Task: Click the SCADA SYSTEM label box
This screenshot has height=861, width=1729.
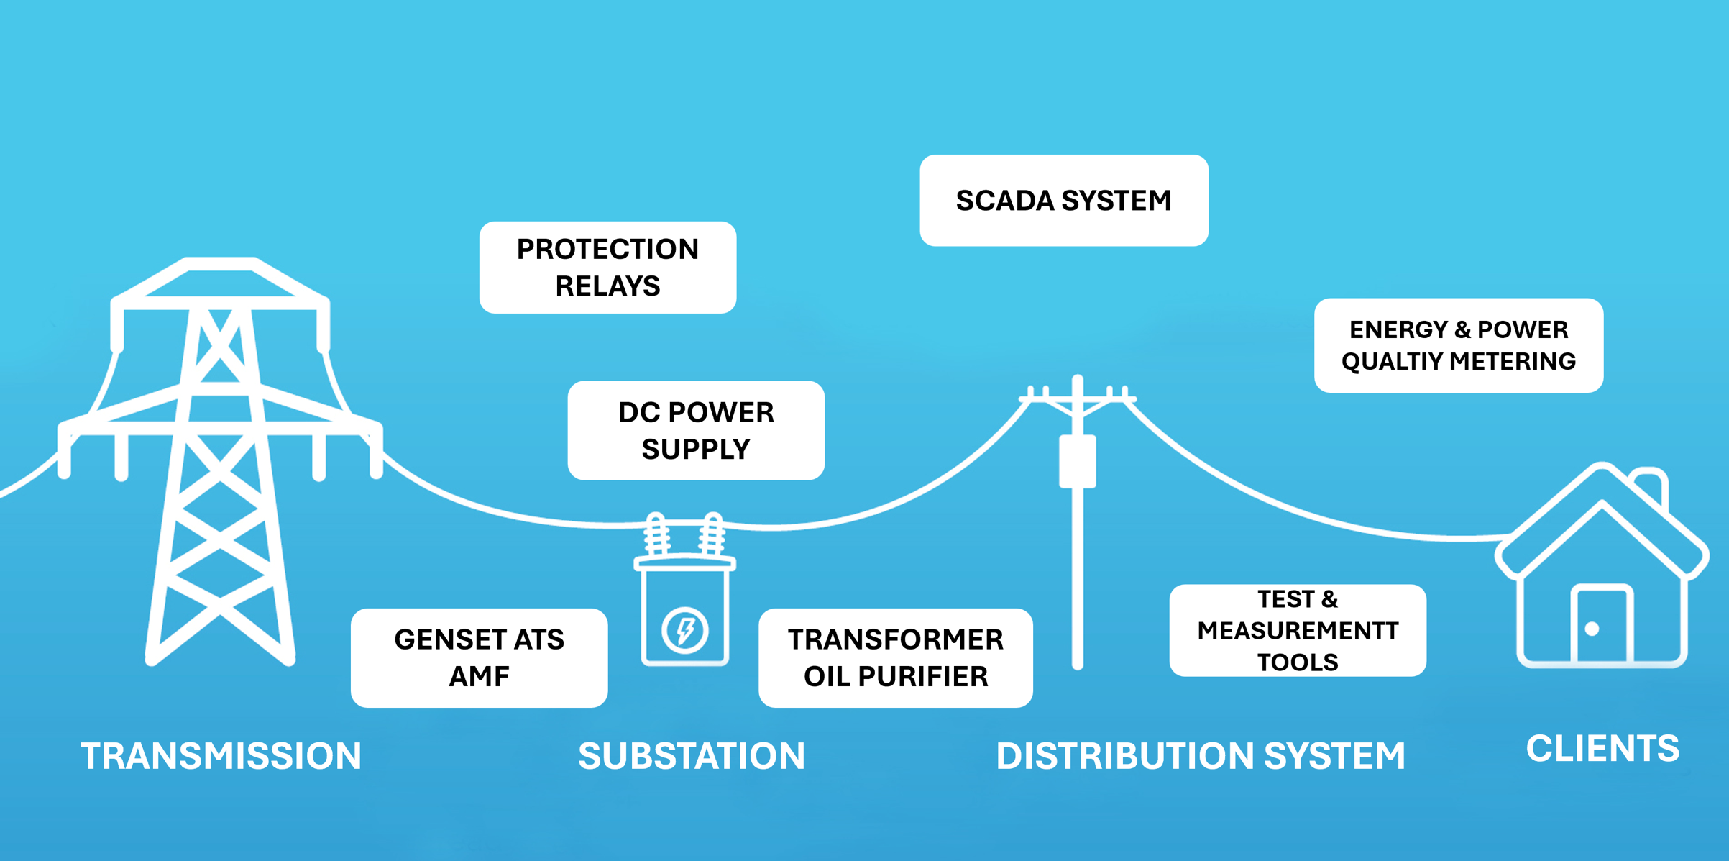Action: click(1063, 201)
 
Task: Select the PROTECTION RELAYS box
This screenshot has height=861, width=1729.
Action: click(607, 268)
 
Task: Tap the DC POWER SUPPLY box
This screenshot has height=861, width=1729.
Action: click(696, 430)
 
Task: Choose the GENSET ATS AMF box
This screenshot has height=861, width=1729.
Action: click(479, 657)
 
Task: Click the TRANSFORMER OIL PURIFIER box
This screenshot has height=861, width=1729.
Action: click(895, 657)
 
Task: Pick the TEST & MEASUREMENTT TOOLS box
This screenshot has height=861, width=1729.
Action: click(1297, 630)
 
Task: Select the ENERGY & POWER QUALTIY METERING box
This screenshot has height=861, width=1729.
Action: click(1458, 345)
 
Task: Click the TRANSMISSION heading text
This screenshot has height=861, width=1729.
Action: click(221, 756)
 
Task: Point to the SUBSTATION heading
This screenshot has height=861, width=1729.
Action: click(692, 756)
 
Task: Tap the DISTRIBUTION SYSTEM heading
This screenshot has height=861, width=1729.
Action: click(1200, 756)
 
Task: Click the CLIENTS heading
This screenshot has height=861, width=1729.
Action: click(1602, 749)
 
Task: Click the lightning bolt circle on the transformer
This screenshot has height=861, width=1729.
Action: click(684, 630)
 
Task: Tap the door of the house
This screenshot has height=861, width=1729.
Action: click(1602, 624)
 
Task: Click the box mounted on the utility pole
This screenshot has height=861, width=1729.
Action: click(1077, 461)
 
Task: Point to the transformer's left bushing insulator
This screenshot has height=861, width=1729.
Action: click(656, 534)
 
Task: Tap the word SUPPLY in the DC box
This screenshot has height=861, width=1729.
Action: click(696, 449)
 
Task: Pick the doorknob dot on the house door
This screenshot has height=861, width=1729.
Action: click(1592, 629)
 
